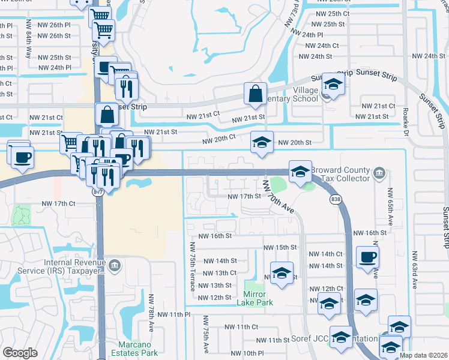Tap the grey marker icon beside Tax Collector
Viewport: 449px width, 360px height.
click(379, 174)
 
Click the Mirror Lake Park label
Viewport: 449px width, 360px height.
click(259, 298)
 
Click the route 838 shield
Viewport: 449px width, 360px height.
click(336, 199)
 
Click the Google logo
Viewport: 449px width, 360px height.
click(20, 352)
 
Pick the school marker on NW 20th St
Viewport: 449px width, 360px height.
click(262, 142)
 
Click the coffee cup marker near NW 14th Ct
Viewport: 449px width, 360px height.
click(367, 257)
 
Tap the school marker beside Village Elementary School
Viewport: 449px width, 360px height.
click(333, 83)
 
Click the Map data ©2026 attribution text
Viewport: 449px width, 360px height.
click(424, 355)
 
